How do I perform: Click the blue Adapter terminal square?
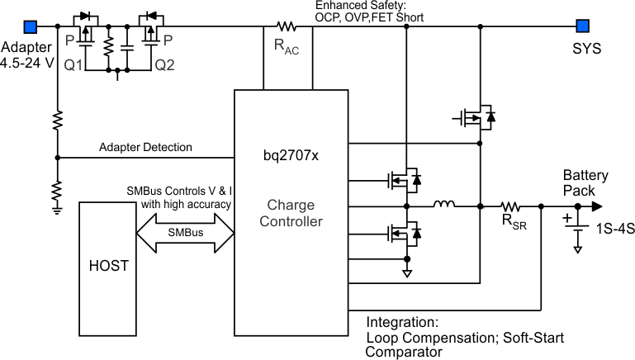31,25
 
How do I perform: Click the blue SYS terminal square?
583,25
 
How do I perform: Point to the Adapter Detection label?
145,147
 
